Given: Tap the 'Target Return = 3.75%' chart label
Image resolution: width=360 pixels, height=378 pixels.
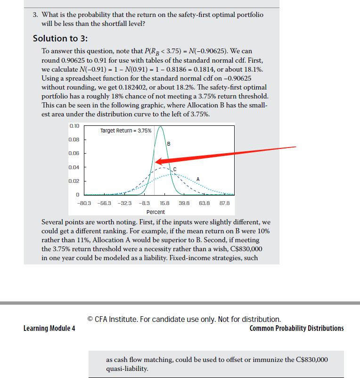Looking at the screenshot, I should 126,131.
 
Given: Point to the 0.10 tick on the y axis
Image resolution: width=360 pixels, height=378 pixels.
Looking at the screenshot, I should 74,126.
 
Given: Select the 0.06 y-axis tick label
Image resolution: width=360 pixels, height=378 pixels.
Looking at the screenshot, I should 74,153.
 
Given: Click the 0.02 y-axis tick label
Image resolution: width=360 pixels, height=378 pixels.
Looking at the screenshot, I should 74,181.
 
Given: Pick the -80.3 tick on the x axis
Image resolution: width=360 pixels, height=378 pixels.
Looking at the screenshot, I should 83,203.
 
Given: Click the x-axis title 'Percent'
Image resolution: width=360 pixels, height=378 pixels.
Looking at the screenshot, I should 155,212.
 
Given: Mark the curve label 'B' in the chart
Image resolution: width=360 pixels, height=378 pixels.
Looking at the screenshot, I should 168,144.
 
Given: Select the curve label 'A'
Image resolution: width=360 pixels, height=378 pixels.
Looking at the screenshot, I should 198,179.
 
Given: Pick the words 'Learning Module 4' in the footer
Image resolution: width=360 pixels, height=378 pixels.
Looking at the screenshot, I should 49,328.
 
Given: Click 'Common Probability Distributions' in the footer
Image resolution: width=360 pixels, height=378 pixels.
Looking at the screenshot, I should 296,328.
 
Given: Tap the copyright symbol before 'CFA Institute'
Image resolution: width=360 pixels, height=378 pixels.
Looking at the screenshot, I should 90,319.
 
